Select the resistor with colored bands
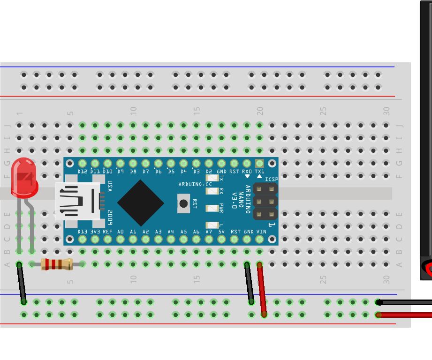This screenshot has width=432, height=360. (x=56, y=264)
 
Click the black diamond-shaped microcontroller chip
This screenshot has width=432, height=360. (x=140, y=202)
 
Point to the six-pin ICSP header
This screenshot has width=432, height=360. (x=265, y=202)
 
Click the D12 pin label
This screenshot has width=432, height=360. (x=83, y=172)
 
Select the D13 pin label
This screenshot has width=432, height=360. (x=83, y=232)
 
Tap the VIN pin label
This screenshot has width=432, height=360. (x=261, y=232)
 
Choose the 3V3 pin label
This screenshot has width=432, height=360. (x=95, y=232)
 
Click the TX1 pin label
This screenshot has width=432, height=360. (x=259, y=172)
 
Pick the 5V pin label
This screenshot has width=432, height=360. (x=221, y=232)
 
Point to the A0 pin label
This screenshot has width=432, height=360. (x=121, y=232)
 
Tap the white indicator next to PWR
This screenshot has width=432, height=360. (x=212, y=208)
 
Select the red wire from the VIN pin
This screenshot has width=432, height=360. (x=262, y=290)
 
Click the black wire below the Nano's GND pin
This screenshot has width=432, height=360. (x=249, y=283)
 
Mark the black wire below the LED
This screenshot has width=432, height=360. (x=22, y=284)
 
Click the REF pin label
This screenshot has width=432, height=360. (x=107, y=232)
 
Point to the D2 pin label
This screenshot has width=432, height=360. (x=209, y=172)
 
